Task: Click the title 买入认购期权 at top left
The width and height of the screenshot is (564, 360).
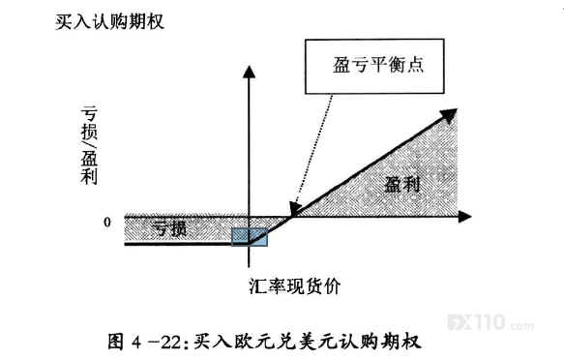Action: point(109,22)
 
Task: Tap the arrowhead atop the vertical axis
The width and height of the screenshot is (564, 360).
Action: point(249,72)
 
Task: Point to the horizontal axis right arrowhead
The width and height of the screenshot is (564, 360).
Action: point(464,217)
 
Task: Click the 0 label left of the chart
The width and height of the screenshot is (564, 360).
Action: point(106,223)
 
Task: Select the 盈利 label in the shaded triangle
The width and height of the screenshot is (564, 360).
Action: point(402,184)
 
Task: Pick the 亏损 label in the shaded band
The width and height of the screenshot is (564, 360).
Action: point(169,228)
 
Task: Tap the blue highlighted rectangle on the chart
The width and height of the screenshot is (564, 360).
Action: point(250,237)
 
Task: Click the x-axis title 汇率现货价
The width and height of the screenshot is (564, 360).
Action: point(295,286)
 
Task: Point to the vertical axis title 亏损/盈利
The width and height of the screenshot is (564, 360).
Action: point(89,145)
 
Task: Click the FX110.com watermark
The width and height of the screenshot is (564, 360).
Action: point(490,322)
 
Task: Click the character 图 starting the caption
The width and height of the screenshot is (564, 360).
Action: point(116,342)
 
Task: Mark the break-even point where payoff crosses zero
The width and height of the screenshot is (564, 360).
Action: point(292,217)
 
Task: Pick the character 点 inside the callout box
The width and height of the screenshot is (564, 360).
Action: point(415,65)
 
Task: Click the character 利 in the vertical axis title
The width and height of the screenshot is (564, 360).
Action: point(89,176)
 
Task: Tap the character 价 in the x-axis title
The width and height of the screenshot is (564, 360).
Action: point(332,286)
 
